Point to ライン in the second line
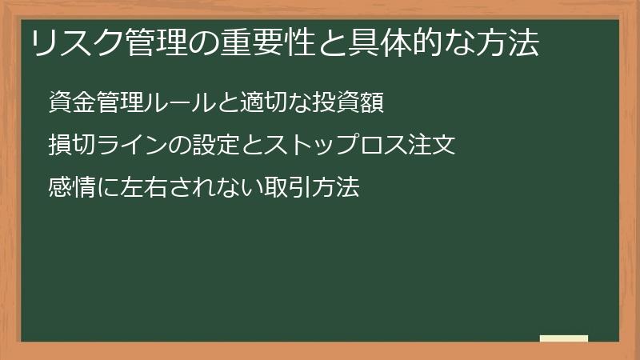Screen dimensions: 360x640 pos(130,146)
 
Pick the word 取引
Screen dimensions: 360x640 pos(282,189)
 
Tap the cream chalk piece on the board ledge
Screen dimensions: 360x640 pos(564,338)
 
